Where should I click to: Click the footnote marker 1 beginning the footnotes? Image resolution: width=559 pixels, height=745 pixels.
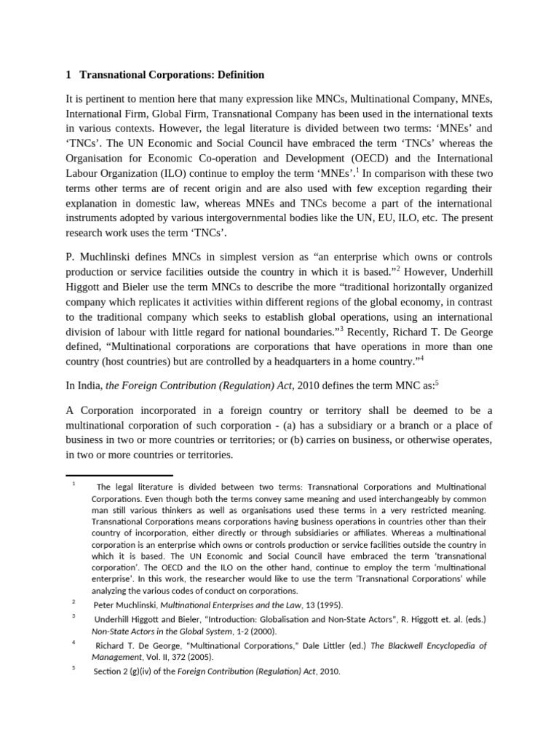74,484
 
